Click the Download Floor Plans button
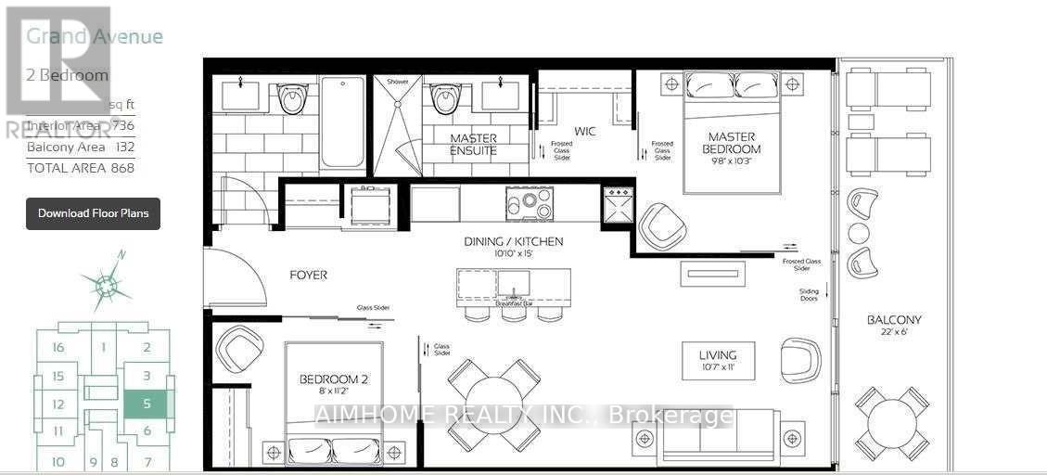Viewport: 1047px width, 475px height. pyautogui.click(x=93, y=213)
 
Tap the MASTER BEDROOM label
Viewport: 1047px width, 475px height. pyautogui.click(x=731, y=143)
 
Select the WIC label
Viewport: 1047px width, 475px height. pyautogui.click(x=584, y=132)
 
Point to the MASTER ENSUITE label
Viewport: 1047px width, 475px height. pyautogui.click(x=473, y=144)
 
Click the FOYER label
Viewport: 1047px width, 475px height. pyautogui.click(x=308, y=276)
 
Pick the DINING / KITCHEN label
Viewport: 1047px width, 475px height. pyautogui.click(x=514, y=242)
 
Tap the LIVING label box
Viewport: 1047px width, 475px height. pyautogui.click(x=718, y=360)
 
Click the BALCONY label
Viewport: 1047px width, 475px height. pyautogui.click(x=894, y=320)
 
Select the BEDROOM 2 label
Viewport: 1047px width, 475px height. pyautogui.click(x=334, y=379)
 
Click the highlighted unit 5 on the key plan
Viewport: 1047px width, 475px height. pyautogui.click(x=147, y=404)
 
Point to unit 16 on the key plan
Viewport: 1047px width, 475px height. pyautogui.click(x=58, y=348)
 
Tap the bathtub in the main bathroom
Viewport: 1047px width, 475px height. pyautogui.click(x=342, y=122)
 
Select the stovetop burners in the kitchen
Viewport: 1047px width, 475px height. pyautogui.click(x=530, y=201)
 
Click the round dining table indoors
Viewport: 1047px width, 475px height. pyautogui.click(x=493, y=404)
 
